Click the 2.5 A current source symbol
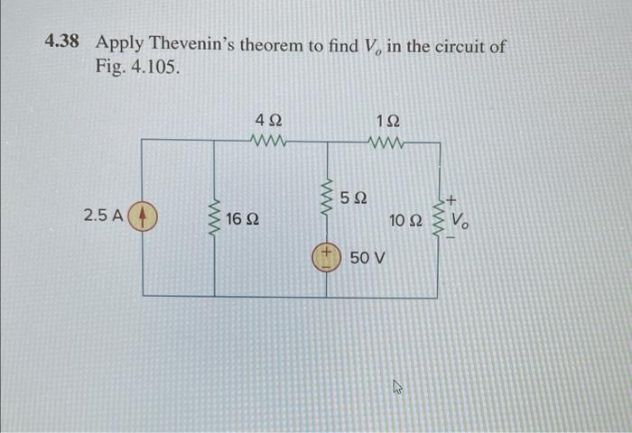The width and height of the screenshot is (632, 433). pos(144,217)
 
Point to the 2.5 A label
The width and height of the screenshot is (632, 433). pos(102,216)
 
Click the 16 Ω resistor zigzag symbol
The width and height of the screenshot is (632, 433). pos(215,219)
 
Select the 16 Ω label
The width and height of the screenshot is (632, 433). pos(244,219)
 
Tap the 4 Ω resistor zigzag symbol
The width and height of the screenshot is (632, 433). pos(270,141)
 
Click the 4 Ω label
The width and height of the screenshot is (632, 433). pos(268,120)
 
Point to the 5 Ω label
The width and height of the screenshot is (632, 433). pos(354,197)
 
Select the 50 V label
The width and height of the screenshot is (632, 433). pos(367,258)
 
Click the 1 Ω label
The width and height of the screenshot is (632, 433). pos(388,120)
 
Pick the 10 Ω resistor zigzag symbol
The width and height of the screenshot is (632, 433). pos(441,219)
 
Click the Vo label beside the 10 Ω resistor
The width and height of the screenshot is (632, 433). pos(460,219)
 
